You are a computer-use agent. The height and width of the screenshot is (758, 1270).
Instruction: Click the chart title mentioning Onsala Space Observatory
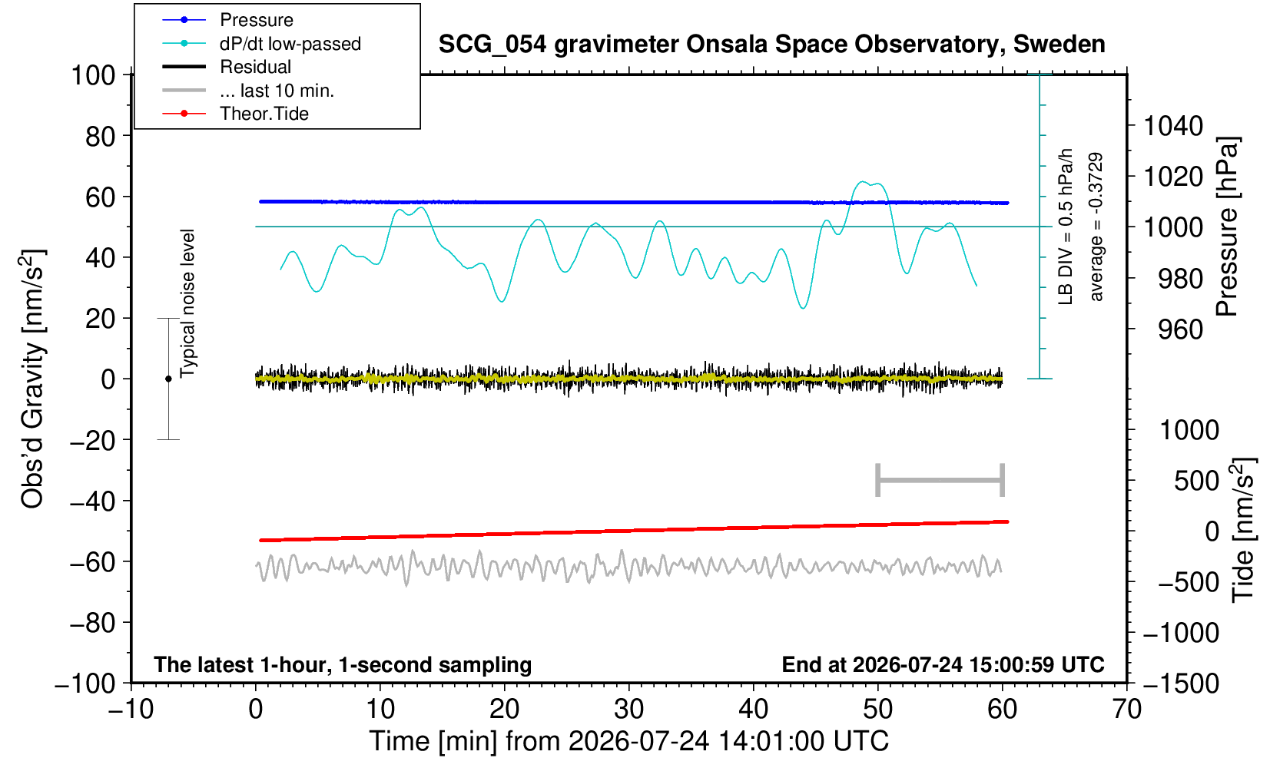771,45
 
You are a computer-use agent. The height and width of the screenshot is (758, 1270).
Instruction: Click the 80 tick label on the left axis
101,137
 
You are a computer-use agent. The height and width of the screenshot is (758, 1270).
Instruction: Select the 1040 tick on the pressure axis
1172,126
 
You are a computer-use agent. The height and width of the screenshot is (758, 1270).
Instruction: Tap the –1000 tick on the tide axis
1181,633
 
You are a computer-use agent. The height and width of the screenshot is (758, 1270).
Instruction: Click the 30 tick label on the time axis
628,710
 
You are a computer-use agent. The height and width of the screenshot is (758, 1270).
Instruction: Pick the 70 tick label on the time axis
1126,710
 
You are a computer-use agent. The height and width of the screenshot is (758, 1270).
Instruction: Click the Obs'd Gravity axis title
32,379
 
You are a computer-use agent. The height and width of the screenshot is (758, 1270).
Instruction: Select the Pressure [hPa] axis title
1228,227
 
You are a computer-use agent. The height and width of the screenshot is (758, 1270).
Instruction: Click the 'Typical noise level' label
187,303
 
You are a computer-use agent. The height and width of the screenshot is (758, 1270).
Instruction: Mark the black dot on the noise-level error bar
168,379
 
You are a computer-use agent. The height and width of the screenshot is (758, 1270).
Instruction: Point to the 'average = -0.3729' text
1096,227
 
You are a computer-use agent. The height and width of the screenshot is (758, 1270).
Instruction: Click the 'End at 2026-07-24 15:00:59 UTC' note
943,664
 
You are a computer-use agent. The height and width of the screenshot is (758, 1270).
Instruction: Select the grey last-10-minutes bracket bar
940,480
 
